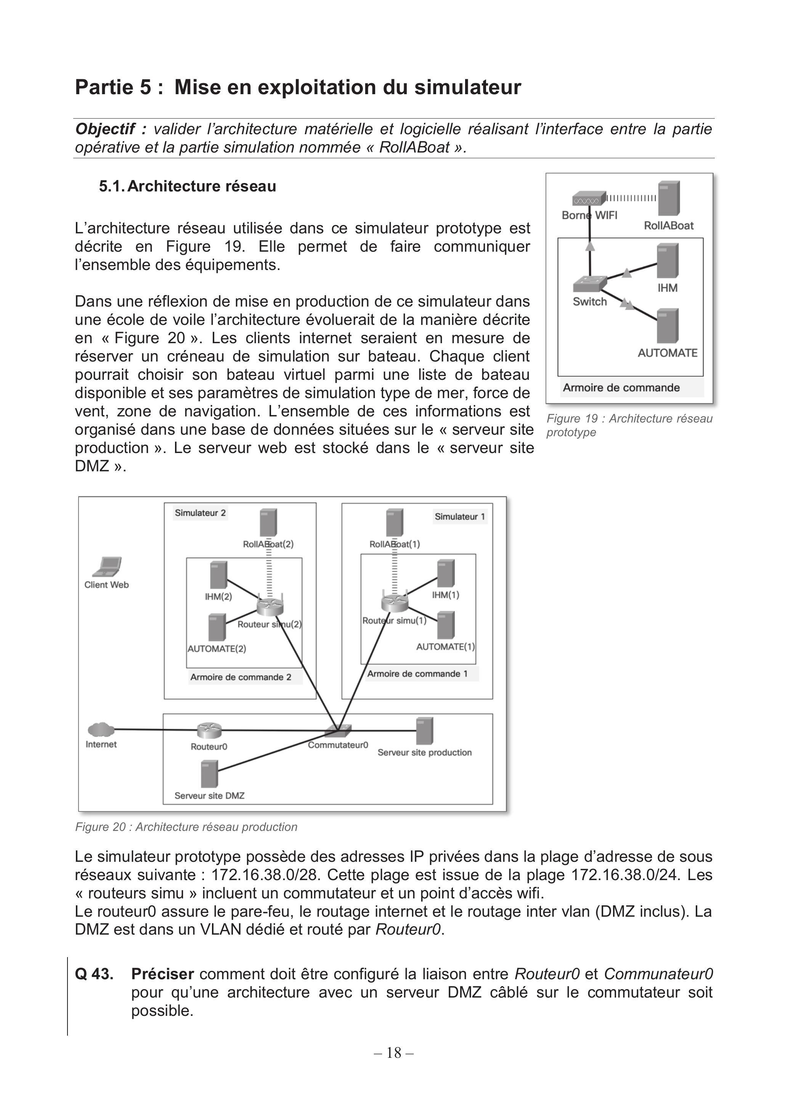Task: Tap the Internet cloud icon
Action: coord(101,729)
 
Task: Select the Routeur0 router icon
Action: coord(209,729)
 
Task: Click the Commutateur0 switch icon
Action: coord(339,729)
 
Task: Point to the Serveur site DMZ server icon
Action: coord(209,774)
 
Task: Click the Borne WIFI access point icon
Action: coord(589,199)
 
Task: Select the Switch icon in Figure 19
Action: coord(590,284)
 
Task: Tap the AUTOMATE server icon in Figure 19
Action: coord(668,326)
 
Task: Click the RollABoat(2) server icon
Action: coord(268,522)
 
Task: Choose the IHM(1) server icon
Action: coord(446,574)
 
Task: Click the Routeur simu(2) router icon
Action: coord(270,606)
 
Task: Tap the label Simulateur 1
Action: coord(460,517)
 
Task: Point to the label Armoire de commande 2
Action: coord(241,677)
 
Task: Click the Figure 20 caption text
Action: coord(186,827)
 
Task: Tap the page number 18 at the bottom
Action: coord(394,1053)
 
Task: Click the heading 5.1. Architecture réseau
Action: coord(188,186)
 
